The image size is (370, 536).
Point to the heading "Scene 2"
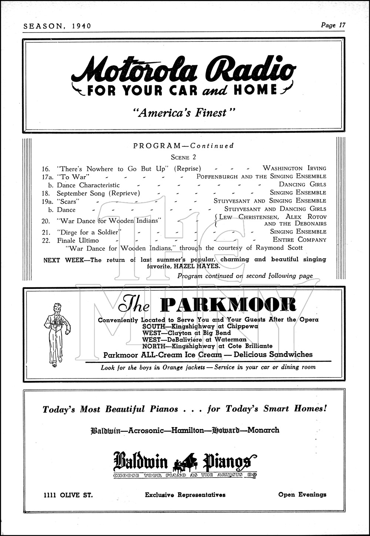coord(185,157)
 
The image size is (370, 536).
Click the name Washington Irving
coord(294,168)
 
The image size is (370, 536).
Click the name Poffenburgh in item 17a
coord(217,176)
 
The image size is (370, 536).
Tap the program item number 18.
coord(47,193)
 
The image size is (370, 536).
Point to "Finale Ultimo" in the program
coord(78,240)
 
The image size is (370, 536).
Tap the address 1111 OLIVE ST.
coord(68,495)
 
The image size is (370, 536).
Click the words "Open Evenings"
coord(302,494)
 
